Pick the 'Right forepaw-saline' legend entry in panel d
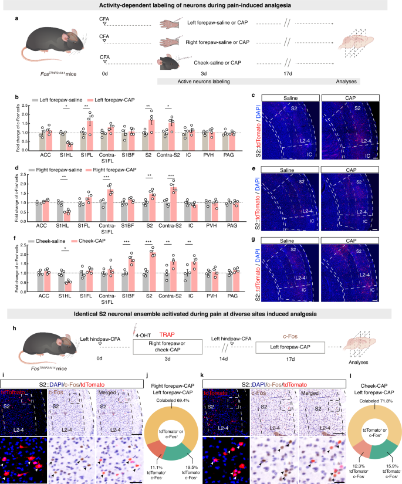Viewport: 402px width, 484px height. [x=50, y=168]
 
